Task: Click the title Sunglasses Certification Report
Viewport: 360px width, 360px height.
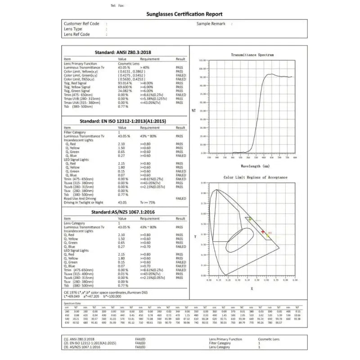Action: (184, 14)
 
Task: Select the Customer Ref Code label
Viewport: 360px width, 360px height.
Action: (81, 23)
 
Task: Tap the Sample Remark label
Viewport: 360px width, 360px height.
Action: (210, 23)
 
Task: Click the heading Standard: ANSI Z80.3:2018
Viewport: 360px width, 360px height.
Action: (125, 52)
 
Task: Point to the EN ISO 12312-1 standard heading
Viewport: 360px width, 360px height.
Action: (125, 121)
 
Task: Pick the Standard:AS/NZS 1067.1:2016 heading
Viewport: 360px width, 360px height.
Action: (125, 211)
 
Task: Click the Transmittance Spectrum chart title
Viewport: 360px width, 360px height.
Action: (252, 55)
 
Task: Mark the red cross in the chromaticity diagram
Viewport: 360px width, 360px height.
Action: (263, 231)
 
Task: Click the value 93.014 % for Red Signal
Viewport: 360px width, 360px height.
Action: (125, 83)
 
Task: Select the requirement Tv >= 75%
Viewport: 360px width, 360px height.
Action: (148, 203)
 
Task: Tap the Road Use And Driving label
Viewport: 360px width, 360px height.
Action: (80, 198)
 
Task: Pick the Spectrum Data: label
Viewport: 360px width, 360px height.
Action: (73, 304)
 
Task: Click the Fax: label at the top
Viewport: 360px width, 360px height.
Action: (121, 5)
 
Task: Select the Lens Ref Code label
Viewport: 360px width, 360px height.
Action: (77, 34)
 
